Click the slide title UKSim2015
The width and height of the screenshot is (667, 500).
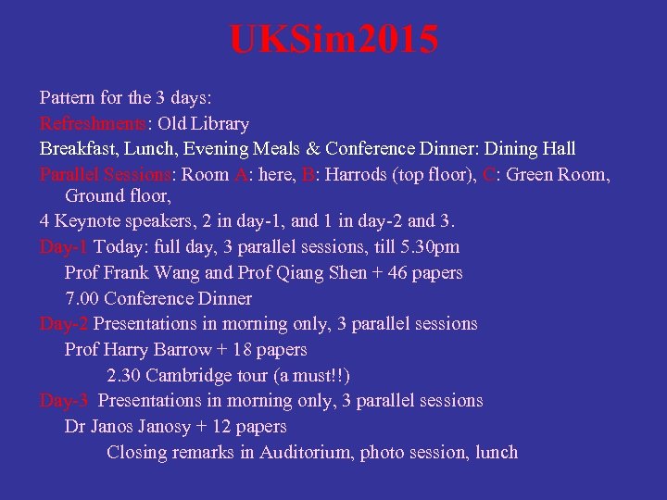(333, 41)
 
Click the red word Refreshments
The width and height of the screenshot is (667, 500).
(92, 123)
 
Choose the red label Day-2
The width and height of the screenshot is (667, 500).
(64, 323)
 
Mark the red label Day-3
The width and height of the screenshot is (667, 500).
(65, 400)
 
